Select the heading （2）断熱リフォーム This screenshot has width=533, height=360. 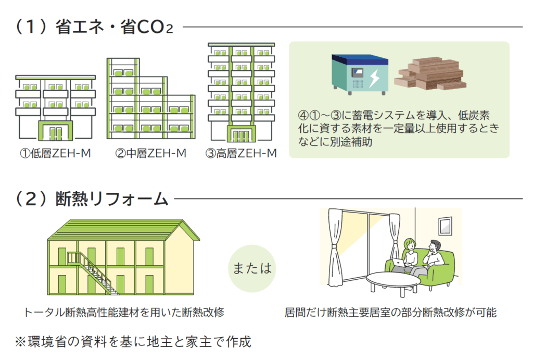click(x=92, y=198)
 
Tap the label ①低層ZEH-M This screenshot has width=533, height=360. click(x=55, y=154)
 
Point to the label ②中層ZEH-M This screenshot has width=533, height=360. click(x=150, y=154)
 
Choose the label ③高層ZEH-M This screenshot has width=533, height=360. click(x=241, y=154)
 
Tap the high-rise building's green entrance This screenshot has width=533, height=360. click(x=241, y=134)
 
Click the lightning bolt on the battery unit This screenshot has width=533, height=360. click(x=374, y=78)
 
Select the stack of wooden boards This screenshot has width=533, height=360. click(x=430, y=74)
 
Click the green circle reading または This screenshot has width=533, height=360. click(x=252, y=268)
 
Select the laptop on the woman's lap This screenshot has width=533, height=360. click(x=398, y=263)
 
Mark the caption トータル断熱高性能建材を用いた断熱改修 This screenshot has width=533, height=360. click(x=124, y=312)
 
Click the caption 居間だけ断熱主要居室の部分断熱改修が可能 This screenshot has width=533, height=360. click(x=390, y=312)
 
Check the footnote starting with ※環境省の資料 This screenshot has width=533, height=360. click(x=133, y=342)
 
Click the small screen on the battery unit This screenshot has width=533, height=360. click(x=357, y=73)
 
